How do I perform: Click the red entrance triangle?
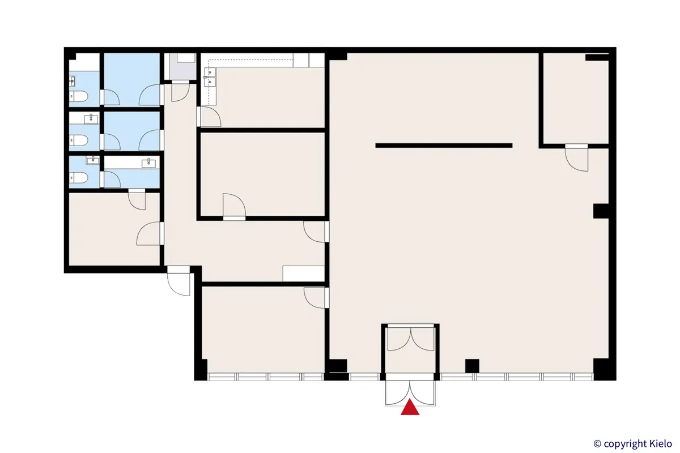pyautogui.click(x=410, y=409)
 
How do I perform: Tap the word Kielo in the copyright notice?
pyautogui.click(x=658, y=443)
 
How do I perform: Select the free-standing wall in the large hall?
pyautogui.click(x=444, y=146)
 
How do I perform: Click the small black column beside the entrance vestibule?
pyautogui.click(x=472, y=366)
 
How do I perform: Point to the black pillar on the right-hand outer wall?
pyautogui.click(x=601, y=211)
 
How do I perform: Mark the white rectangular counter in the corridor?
pyautogui.click(x=303, y=273)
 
